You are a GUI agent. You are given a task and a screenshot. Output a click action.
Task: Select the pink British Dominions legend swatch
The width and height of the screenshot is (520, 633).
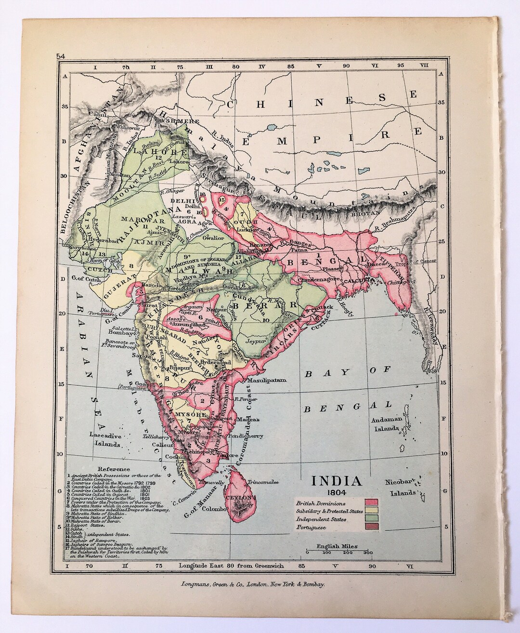[373, 503]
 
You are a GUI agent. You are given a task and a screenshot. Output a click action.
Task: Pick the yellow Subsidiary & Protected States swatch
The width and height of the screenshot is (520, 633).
[373, 511]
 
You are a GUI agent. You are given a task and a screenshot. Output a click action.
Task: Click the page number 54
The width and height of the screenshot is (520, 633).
[61, 56]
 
